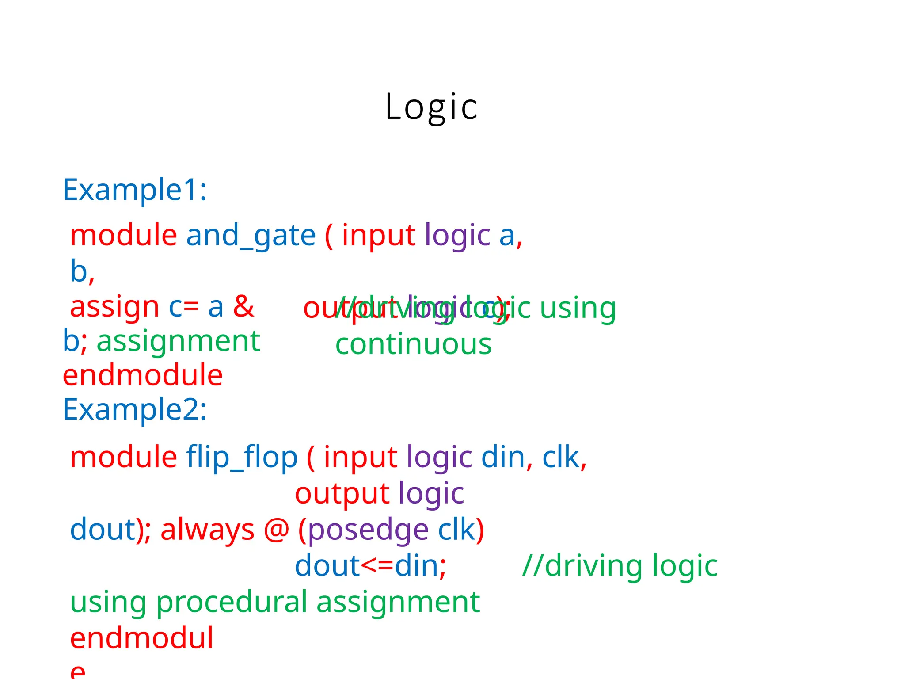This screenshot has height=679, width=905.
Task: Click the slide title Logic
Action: [x=431, y=107]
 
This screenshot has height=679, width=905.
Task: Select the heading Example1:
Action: [x=135, y=190]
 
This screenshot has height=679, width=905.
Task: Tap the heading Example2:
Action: [x=135, y=409]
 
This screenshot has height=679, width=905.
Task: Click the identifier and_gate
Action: [x=251, y=236]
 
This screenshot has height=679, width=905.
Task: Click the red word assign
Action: [x=114, y=307]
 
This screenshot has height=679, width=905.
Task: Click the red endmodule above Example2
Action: [x=142, y=376]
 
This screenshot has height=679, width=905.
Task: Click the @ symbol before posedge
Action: [x=276, y=530]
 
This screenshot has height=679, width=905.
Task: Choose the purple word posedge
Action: [x=368, y=530]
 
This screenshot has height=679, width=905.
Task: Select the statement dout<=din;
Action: [x=370, y=566]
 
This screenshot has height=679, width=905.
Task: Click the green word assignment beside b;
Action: [x=178, y=342]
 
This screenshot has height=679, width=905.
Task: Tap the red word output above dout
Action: [x=342, y=494]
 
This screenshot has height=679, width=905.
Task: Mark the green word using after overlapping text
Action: [x=578, y=309]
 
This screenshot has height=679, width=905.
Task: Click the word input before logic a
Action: [x=378, y=236]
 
